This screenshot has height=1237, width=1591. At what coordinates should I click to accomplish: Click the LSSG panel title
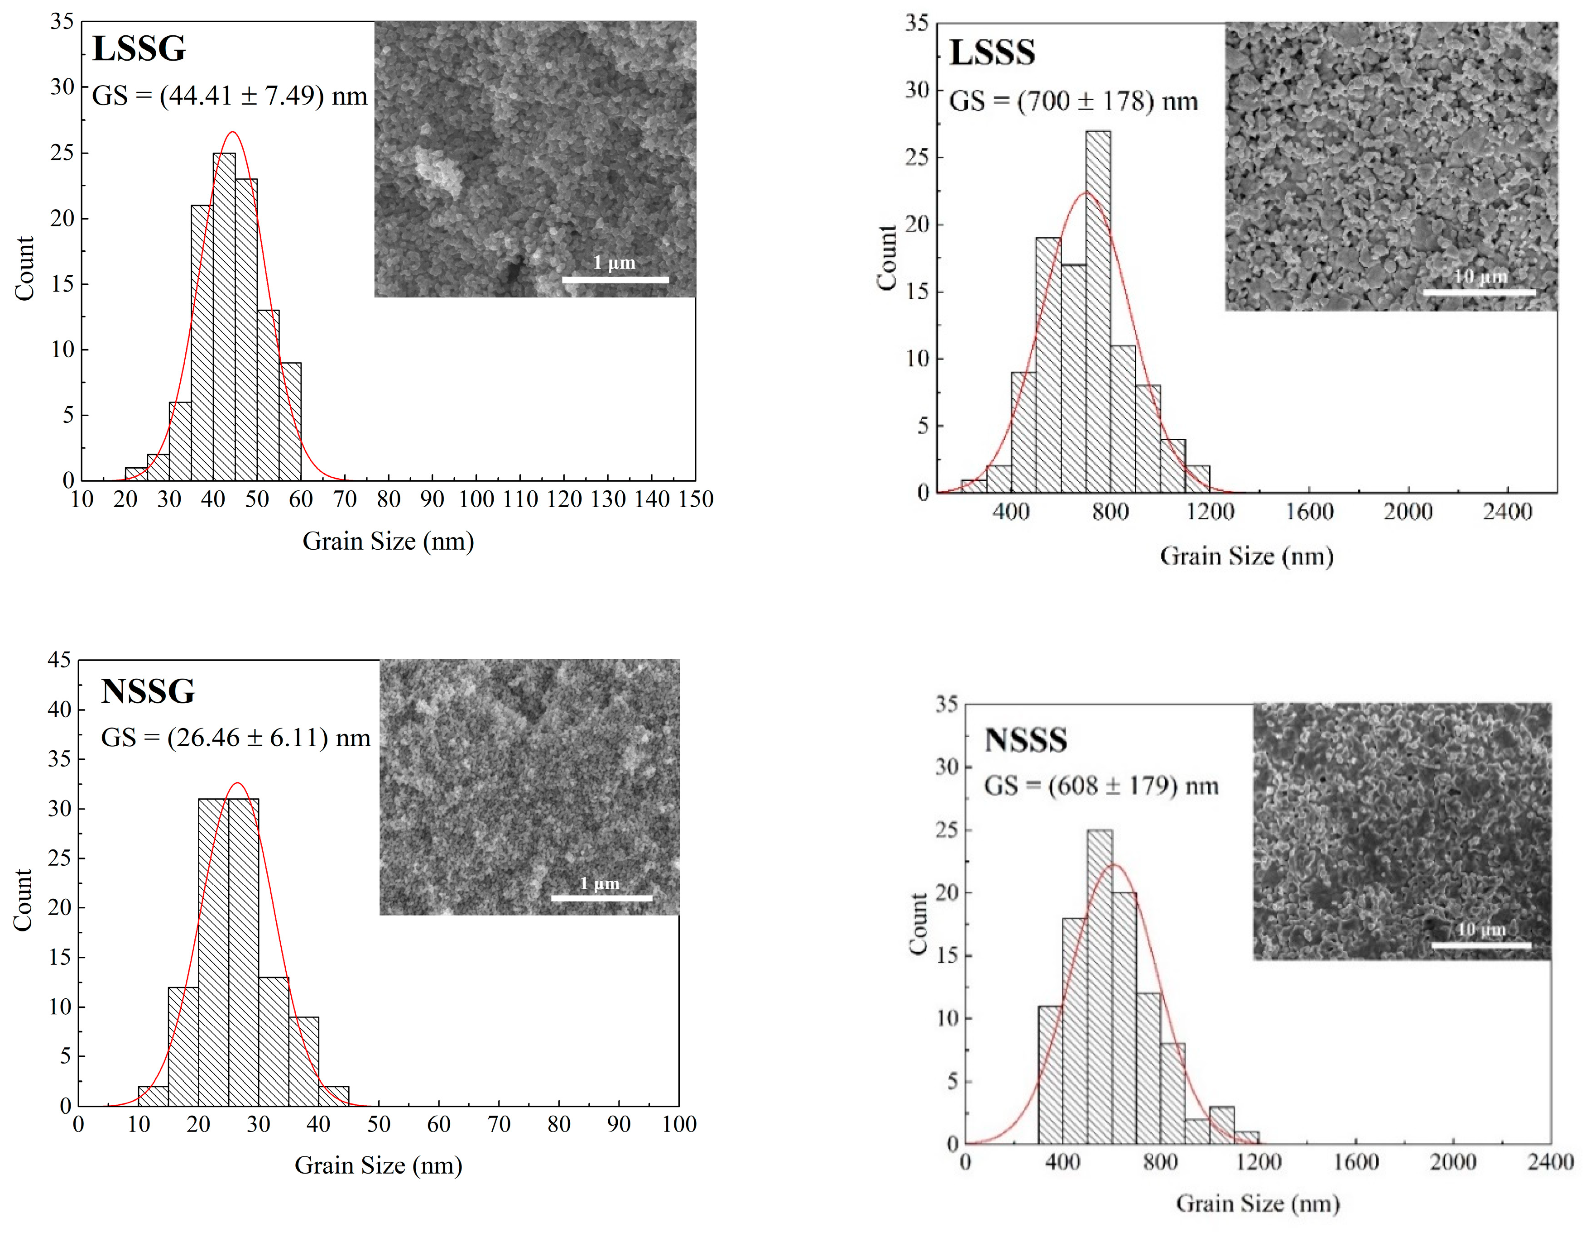139,49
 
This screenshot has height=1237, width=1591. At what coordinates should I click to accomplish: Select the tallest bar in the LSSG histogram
224,317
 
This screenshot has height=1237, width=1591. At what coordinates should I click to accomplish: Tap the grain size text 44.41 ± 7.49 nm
230,96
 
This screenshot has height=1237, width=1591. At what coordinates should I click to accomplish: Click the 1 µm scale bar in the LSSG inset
615,279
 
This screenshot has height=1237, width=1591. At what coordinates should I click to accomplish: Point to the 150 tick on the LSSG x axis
696,499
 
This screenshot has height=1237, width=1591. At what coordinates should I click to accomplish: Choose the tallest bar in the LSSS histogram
1098,313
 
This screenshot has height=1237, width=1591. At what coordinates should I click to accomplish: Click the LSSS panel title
992,53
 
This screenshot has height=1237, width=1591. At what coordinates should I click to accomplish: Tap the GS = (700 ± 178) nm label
1073,101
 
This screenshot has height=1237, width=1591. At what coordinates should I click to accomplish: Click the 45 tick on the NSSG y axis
60,660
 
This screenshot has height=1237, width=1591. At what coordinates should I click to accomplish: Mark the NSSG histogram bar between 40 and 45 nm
334,1096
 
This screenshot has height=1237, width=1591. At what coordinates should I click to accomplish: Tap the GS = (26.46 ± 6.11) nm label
236,738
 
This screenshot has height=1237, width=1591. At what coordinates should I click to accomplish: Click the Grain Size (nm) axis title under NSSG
378,1165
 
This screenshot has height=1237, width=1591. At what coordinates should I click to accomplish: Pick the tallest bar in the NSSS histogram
1099,987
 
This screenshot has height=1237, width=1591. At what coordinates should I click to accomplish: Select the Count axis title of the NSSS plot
918,924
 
